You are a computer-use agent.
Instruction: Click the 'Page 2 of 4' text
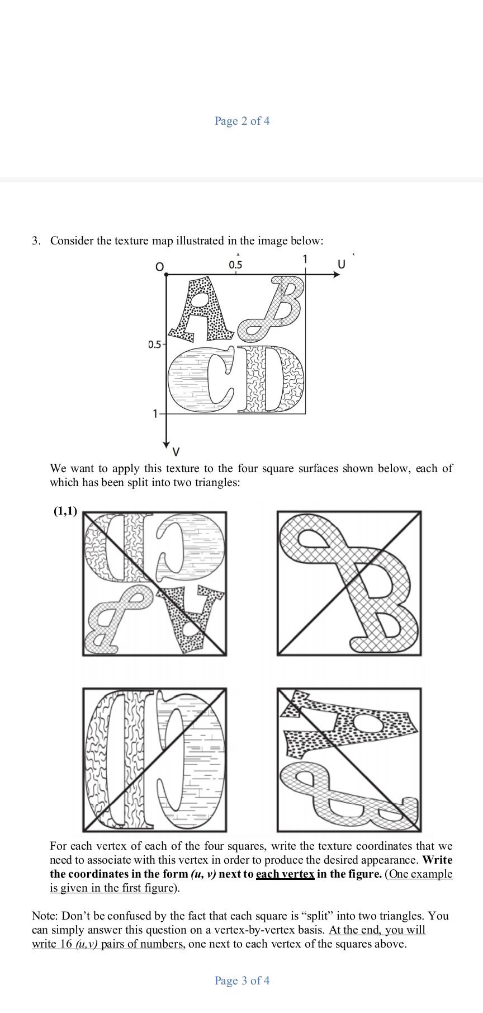[241, 121]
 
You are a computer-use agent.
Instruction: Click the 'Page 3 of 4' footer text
[241, 981]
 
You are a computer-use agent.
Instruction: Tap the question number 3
[36, 241]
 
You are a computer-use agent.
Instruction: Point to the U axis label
[342, 263]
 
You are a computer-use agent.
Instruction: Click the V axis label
[176, 451]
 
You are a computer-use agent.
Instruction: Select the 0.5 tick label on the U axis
[235, 265]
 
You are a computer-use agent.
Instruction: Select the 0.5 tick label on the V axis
[154, 345]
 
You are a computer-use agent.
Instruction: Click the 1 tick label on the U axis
[305, 259]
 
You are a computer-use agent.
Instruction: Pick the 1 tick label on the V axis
[155, 414]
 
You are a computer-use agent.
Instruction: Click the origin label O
[159, 267]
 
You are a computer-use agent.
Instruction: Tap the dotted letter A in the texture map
[203, 310]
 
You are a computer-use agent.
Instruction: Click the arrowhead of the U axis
[337, 275]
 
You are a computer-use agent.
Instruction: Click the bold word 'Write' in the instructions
[438, 860]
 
